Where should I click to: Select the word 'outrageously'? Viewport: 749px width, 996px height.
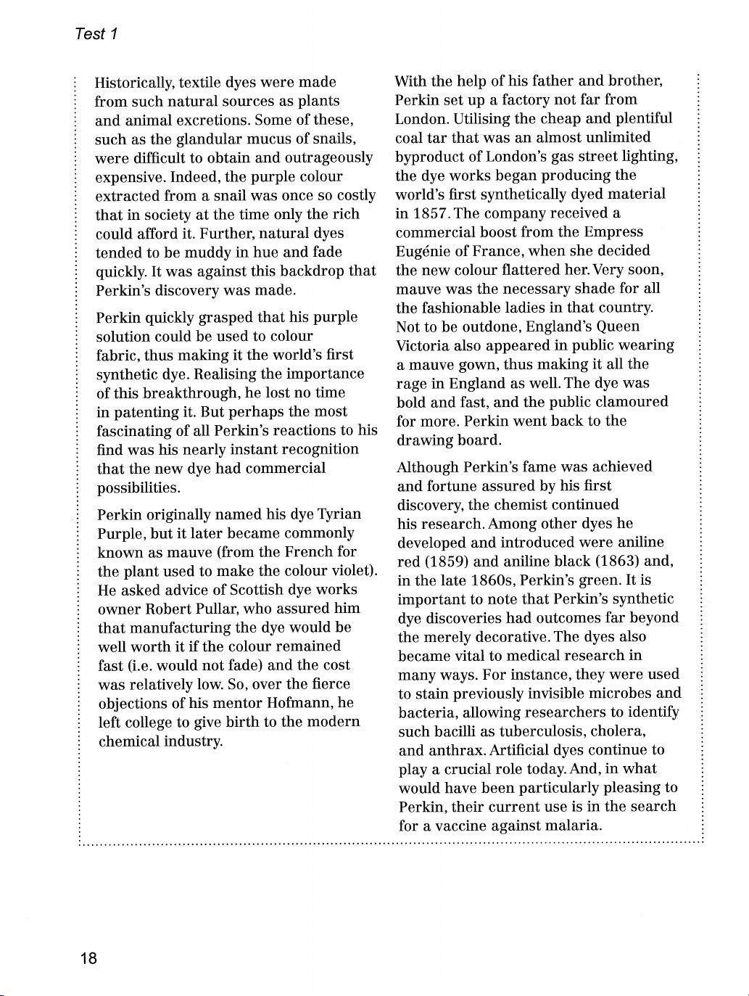[x=329, y=158]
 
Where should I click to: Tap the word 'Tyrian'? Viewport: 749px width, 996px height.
[x=339, y=514]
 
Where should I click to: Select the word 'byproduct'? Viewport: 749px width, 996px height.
[x=429, y=156]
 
